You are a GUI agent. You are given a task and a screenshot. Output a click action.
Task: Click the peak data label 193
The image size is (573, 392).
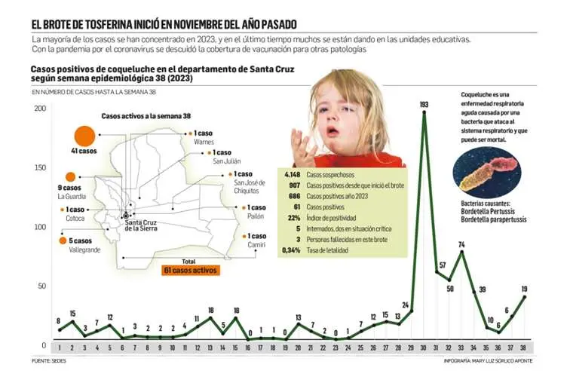point(424,103)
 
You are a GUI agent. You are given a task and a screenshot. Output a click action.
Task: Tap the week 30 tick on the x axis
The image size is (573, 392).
point(424,348)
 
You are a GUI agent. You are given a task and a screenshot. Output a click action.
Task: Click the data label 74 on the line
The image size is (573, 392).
point(461,244)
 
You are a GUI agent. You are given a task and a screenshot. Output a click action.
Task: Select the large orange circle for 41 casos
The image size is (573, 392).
point(83,136)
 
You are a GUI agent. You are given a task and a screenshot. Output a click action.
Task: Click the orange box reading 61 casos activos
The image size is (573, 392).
point(190,270)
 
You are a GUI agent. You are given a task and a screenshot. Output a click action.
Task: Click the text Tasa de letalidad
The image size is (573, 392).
point(328,250)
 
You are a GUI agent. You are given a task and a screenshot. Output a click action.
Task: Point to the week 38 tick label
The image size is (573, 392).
point(525,348)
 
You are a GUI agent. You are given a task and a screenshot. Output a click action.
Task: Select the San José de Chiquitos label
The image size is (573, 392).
point(252,186)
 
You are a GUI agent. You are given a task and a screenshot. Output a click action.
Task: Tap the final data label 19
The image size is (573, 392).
point(524,289)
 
